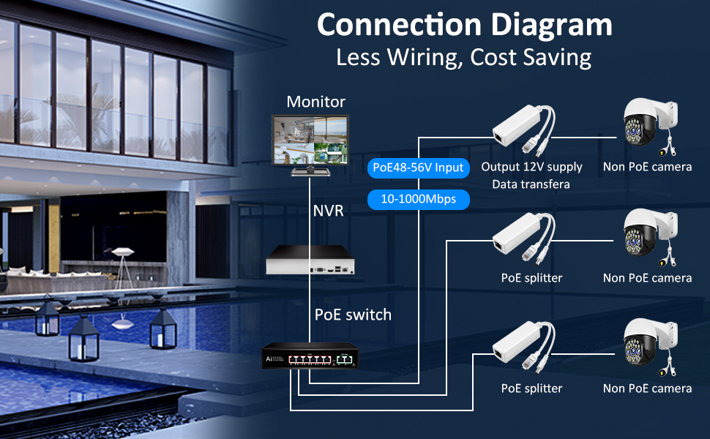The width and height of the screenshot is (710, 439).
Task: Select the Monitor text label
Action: pyautogui.click(x=315, y=102)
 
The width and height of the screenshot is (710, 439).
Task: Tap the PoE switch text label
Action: pyautogui.click(x=353, y=315)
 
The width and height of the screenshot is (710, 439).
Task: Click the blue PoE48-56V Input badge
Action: pyautogui.click(x=418, y=168)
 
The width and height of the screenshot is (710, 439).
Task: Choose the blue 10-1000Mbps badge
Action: pyautogui.click(x=418, y=198)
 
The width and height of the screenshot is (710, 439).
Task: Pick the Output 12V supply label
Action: pyautogui.click(x=531, y=167)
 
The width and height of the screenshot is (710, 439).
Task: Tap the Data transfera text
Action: pyautogui.click(x=531, y=184)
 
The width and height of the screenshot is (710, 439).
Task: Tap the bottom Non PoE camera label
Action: pyautogui.click(x=647, y=389)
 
